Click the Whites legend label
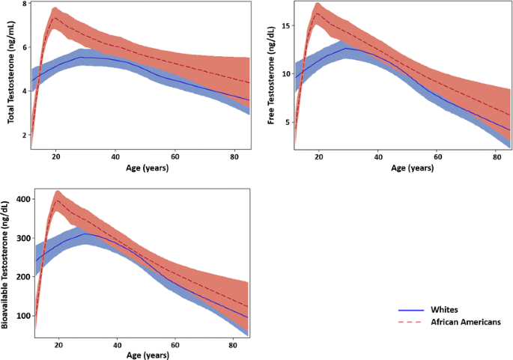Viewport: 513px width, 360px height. [x=446, y=310]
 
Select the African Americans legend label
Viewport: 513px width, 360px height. [x=465, y=322]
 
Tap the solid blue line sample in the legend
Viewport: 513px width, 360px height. [x=410, y=310]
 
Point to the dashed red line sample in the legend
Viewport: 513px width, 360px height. [x=410, y=322]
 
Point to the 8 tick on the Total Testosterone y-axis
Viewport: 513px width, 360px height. [x=25, y=4]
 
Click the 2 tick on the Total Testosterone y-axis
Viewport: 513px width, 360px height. [x=25, y=135]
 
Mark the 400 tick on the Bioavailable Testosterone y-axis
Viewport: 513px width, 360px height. [x=22, y=199]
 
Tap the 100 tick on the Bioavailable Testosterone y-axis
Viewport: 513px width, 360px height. [x=22, y=316]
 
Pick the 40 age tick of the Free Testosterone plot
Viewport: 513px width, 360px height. [x=377, y=157]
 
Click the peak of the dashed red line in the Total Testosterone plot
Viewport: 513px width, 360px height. [x=55, y=17]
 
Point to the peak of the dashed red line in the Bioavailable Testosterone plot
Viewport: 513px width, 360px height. [x=58, y=200]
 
